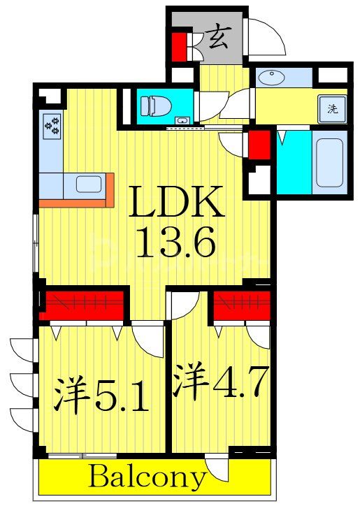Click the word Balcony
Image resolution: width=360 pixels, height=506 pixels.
point(148,478)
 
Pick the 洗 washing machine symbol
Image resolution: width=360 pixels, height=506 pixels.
point(333,108)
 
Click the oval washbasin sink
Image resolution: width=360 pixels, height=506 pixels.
point(271,78)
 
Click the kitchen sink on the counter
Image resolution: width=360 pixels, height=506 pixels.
point(89,185)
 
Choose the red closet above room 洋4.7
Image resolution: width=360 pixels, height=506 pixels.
point(241,305)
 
